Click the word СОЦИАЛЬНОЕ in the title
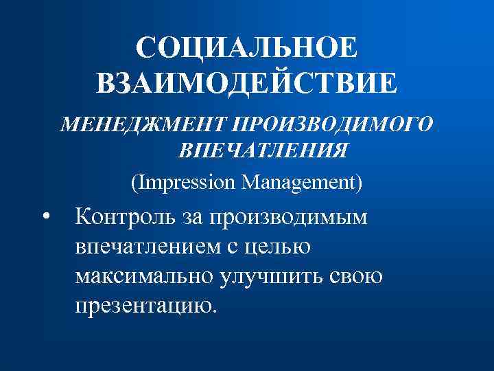[x=246, y=48]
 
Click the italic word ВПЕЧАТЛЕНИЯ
[x=261, y=150]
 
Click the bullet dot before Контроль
[x=45, y=217]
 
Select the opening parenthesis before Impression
[x=134, y=183]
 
